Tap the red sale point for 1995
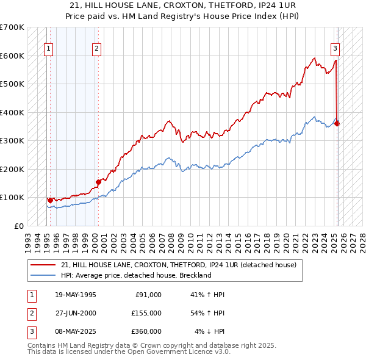point(50,200)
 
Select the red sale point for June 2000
point(98,181)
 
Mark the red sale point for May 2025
point(337,123)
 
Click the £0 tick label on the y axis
point(18,226)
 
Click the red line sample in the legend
point(43,265)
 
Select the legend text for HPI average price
point(135,275)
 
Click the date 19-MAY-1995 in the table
point(75,295)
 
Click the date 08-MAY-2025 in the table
point(75,331)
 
